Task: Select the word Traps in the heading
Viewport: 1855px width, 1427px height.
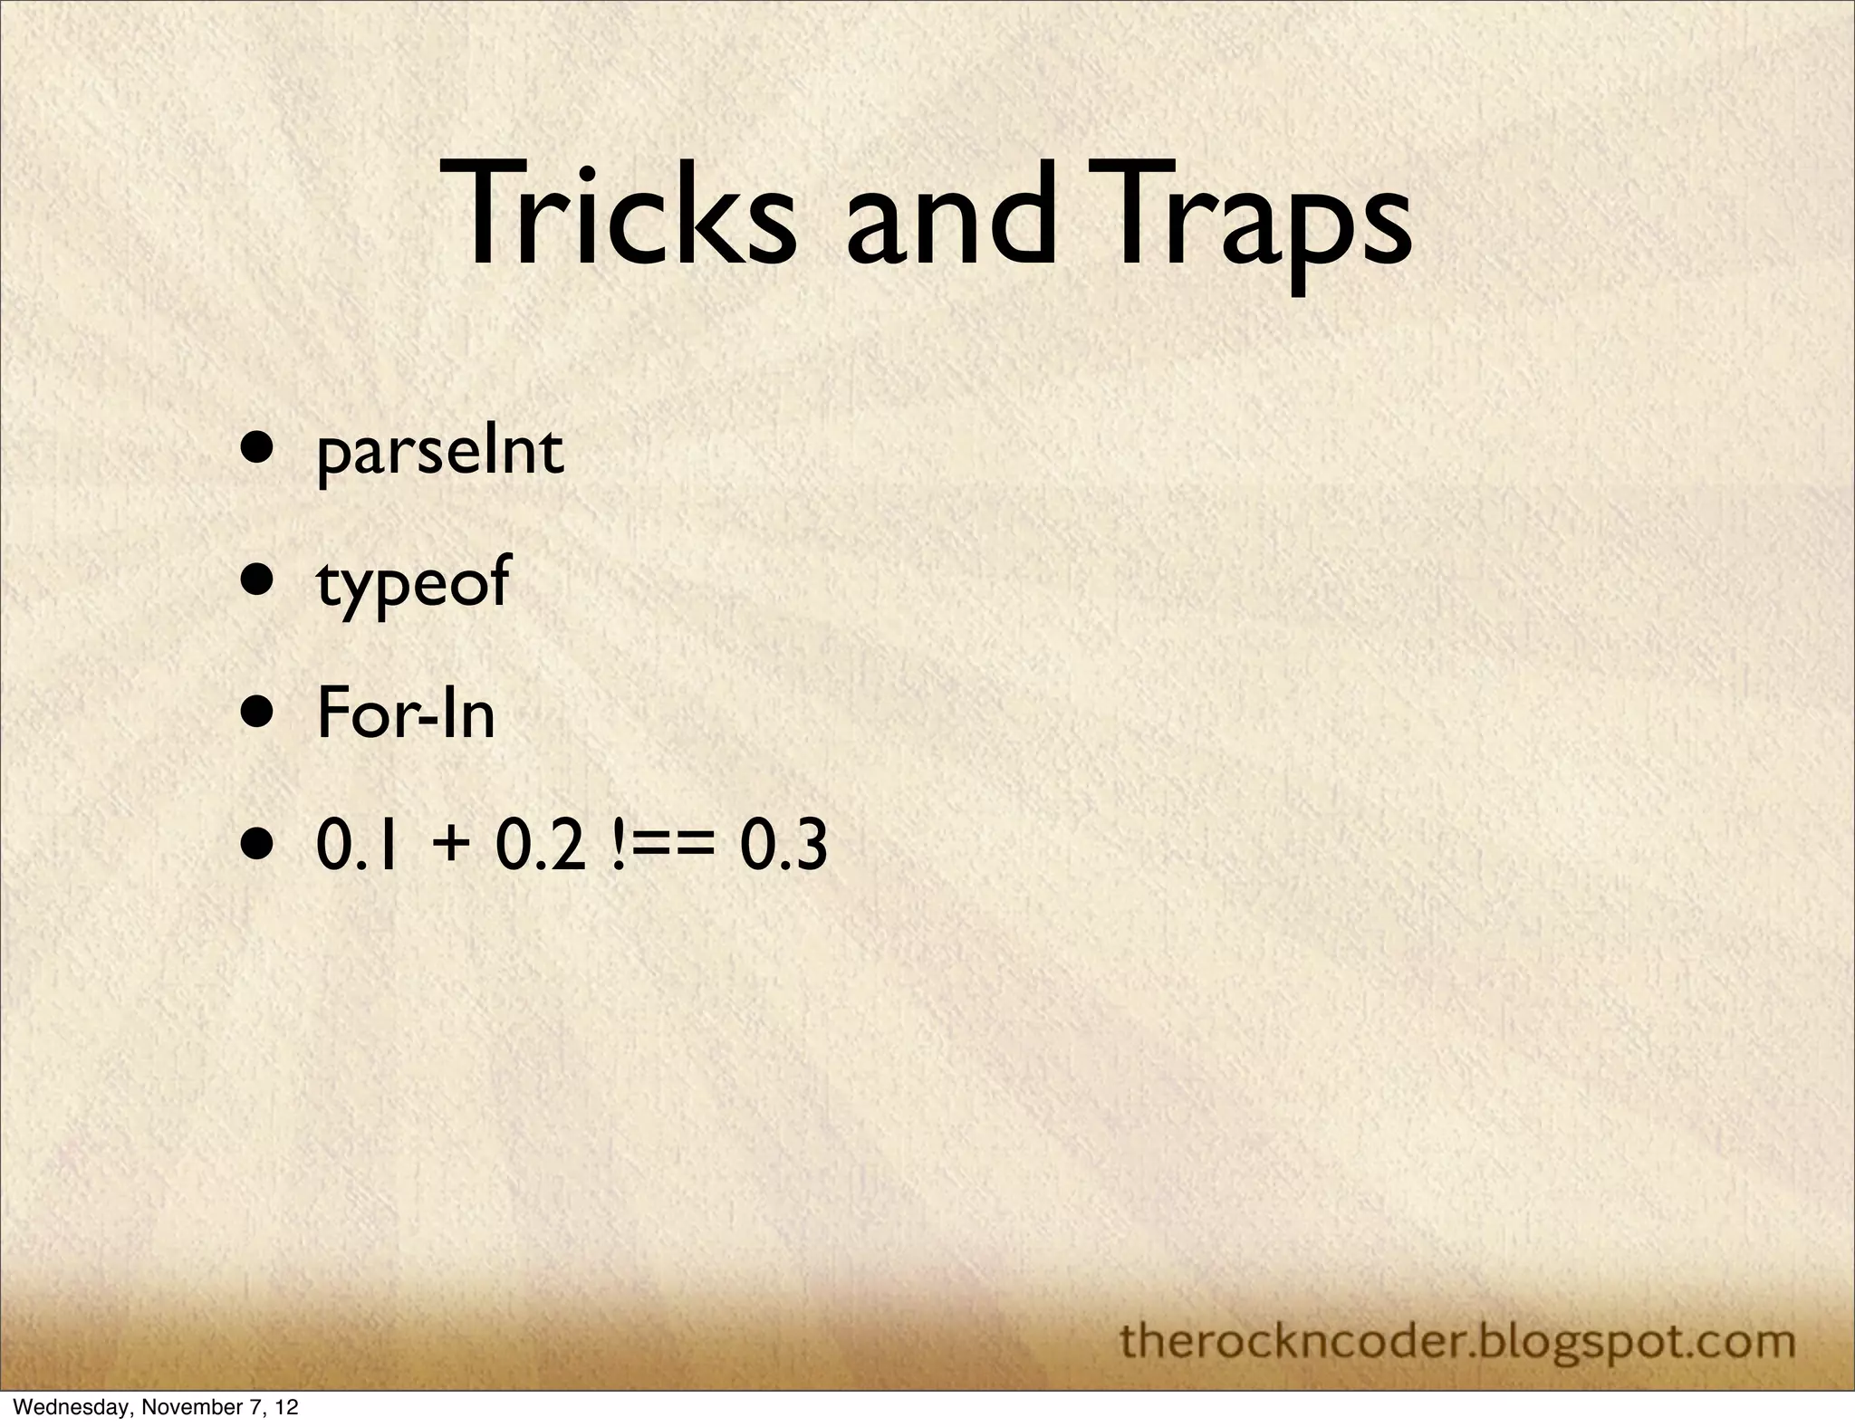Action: point(1250,222)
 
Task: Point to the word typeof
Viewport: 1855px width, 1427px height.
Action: point(413,584)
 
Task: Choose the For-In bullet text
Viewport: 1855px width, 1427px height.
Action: point(406,714)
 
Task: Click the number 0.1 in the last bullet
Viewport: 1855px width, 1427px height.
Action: point(357,848)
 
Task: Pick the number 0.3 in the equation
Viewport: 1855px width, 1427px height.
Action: point(783,848)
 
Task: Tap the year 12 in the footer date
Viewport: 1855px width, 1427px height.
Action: point(286,1408)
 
